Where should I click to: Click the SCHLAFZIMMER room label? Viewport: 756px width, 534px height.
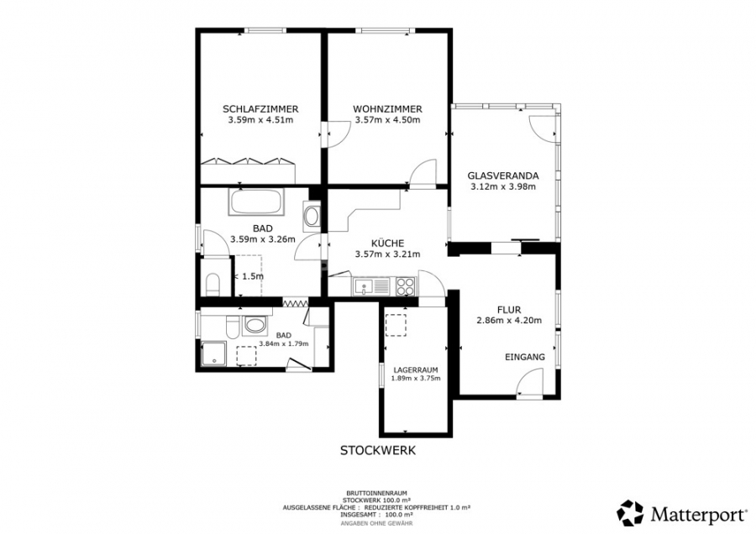[x=260, y=109]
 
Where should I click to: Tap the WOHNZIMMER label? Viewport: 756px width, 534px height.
[x=387, y=109]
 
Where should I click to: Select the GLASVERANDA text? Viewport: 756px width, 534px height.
[x=503, y=176]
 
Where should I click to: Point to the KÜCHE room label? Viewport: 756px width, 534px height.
[x=387, y=243]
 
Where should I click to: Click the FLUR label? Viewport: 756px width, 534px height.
[x=509, y=310]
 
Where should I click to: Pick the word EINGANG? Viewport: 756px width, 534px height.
[x=524, y=357]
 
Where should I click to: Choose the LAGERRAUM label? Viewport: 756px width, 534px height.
[x=416, y=369]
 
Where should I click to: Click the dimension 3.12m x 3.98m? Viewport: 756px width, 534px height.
[x=503, y=186]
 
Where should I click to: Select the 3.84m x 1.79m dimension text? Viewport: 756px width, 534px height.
[x=284, y=343]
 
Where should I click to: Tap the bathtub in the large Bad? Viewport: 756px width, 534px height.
[x=256, y=202]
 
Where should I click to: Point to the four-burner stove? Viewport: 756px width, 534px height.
[x=406, y=286]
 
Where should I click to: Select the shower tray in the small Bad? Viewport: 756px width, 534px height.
[x=214, y=353]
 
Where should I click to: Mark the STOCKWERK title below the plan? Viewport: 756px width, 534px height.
[x=377, y=451]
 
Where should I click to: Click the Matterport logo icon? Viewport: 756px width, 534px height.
[x=630, y=513]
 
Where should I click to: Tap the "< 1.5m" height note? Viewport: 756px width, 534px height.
[x=249, y=276]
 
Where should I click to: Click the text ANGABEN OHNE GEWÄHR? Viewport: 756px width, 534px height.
[x=376, y=523]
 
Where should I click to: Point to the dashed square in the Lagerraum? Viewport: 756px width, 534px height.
[x=396, y=325]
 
